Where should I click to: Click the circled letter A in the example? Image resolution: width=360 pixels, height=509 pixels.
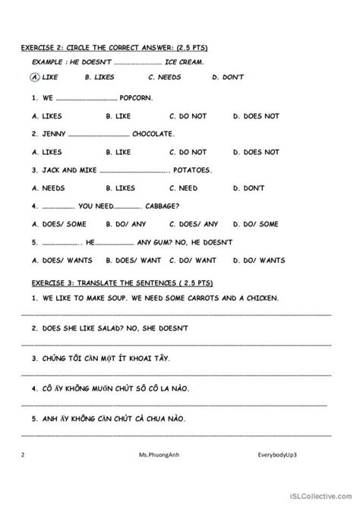(36, 77)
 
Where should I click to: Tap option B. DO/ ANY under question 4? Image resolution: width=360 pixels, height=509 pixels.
(124, 224)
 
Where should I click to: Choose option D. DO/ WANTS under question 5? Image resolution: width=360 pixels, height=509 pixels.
(259, 260)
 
